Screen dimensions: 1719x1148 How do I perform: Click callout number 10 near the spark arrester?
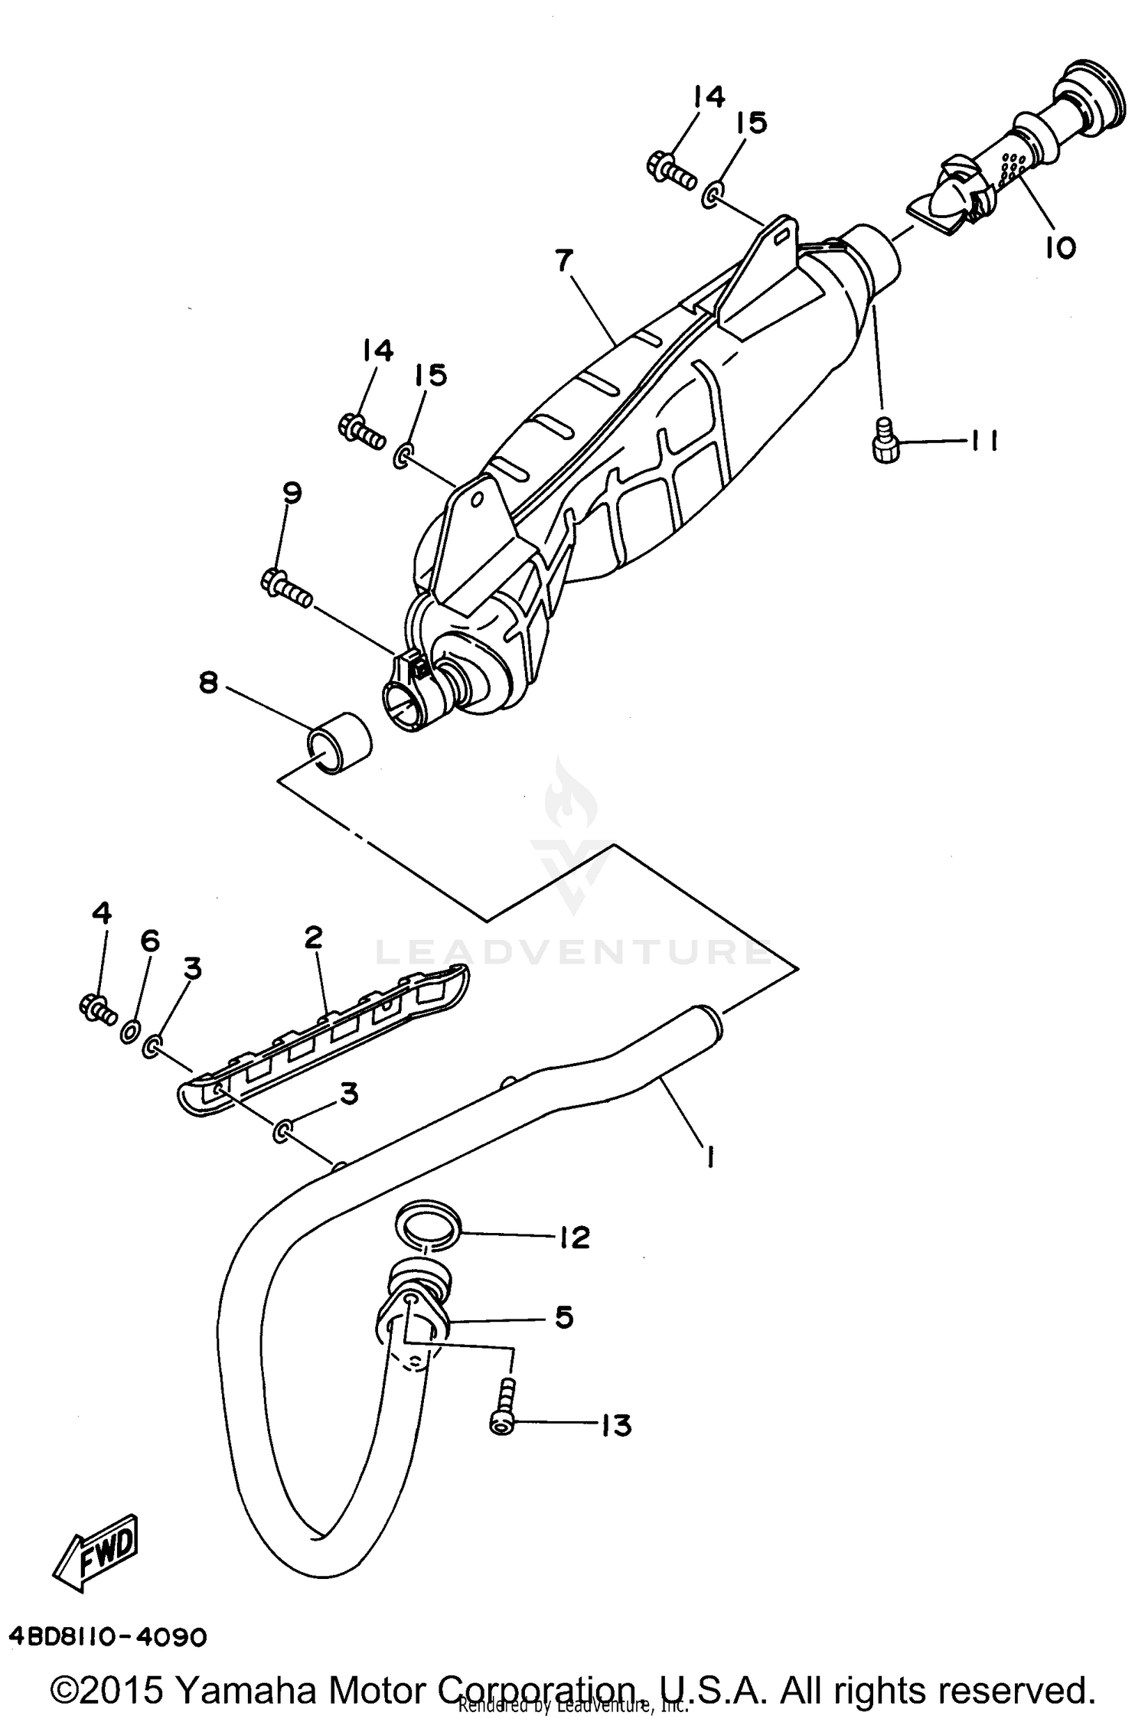pyautogui.click(x=1060, y=247)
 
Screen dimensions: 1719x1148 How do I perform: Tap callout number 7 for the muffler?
pyautogui.click(x=564, y=261)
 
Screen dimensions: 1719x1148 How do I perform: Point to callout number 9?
pyautogui.click(x=292, y=492)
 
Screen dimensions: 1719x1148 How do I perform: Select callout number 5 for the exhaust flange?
pyautogui.click(x=564, y=1318)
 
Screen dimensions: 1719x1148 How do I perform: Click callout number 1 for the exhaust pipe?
pyautogui.click(x=710, y=1160)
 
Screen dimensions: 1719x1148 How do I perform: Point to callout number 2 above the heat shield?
pyautogui.click(x=314, y=937)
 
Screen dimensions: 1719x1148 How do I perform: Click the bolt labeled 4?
pyautogui.click(x=97, y=1009)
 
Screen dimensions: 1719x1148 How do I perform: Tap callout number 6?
pyautogui.click(x=149, y=941)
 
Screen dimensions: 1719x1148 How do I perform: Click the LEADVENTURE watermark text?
pyautogui.click(x=572, y=953)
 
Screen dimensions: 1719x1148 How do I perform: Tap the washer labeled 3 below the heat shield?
pyautogui.click(x=282, y=1130)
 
